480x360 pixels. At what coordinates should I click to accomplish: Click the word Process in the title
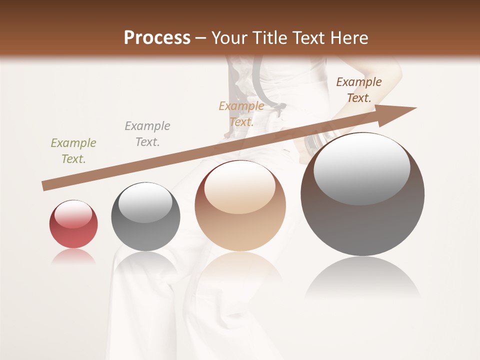click(157, 38)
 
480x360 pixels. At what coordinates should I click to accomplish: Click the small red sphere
click(73, 225)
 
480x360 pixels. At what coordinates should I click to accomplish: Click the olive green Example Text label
click(73, 150)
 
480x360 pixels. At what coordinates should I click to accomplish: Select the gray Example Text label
click(147, 134)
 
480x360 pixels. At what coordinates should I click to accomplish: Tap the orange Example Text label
click(241, 113)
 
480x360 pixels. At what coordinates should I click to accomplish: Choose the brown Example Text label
click(358, 90)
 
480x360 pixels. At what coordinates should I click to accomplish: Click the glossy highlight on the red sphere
click(73, 214)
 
